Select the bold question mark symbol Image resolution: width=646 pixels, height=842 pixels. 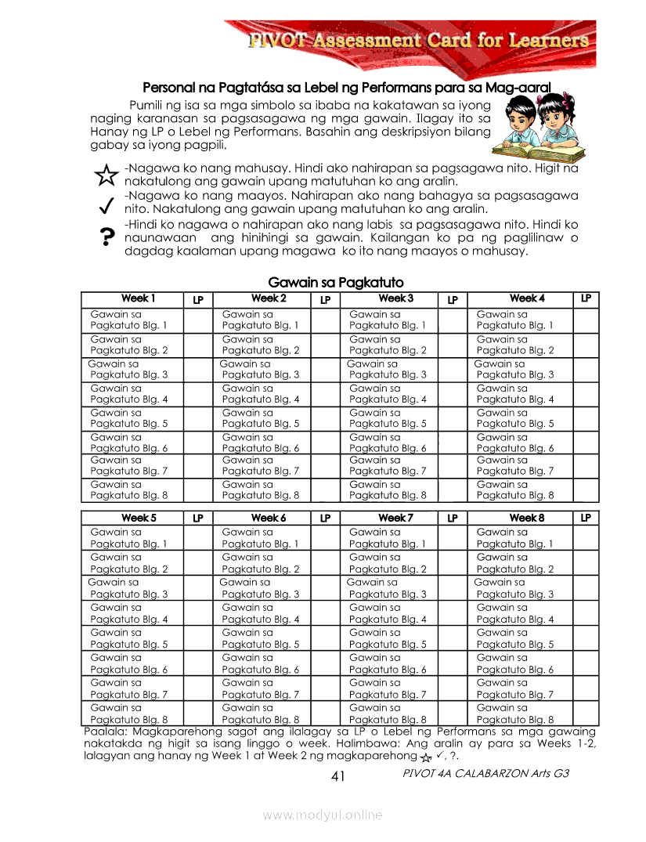coord(105,237)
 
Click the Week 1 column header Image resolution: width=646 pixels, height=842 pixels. coord(138,298)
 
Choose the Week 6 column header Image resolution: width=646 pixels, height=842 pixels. coord(269,519)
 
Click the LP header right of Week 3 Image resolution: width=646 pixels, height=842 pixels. coord(453,299)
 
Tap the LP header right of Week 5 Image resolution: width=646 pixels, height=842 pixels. coord(198,519)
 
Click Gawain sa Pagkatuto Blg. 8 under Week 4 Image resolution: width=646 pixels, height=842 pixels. coord(514,490)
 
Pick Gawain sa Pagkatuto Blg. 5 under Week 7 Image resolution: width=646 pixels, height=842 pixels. coord(388,638)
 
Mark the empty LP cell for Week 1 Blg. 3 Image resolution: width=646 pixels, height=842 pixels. coord(198,369)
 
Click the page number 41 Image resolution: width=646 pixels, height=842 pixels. coord(338,776)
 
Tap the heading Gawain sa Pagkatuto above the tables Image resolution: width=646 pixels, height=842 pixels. coord(336,282)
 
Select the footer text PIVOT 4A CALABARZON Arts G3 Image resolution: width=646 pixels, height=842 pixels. coord(485,773)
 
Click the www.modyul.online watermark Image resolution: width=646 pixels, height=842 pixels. coord(323,815)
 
